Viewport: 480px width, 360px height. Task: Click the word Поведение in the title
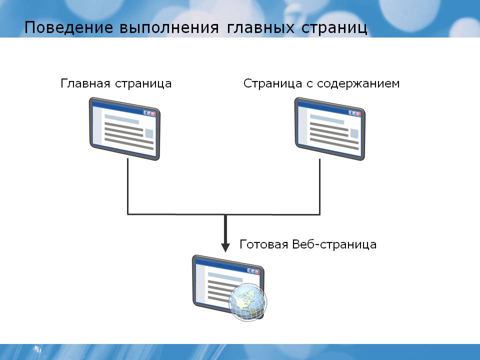[68, 27]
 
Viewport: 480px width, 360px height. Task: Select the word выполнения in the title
[169, 28]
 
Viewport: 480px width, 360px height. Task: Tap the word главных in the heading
[261, 28]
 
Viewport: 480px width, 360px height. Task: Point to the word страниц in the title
[334, 28]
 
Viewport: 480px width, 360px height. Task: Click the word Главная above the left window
[85, 83]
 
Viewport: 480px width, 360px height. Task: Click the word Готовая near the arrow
[264, 244]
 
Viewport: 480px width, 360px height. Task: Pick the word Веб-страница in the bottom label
[334, 244]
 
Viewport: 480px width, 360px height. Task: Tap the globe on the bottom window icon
[248, 302]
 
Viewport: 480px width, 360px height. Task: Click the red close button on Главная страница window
[153, 114]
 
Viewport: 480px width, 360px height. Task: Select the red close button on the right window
[359, 114]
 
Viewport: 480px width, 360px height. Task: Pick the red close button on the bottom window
[257, 272]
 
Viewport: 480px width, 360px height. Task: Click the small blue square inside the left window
[149, 134]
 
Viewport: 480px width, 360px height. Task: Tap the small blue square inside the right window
[354, 134]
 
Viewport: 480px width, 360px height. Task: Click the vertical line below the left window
[127, 186]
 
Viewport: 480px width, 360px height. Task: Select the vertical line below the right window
[320, 186]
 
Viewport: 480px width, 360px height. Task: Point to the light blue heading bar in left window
[122, 119]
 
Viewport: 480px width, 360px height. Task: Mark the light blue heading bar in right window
[327, 119]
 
